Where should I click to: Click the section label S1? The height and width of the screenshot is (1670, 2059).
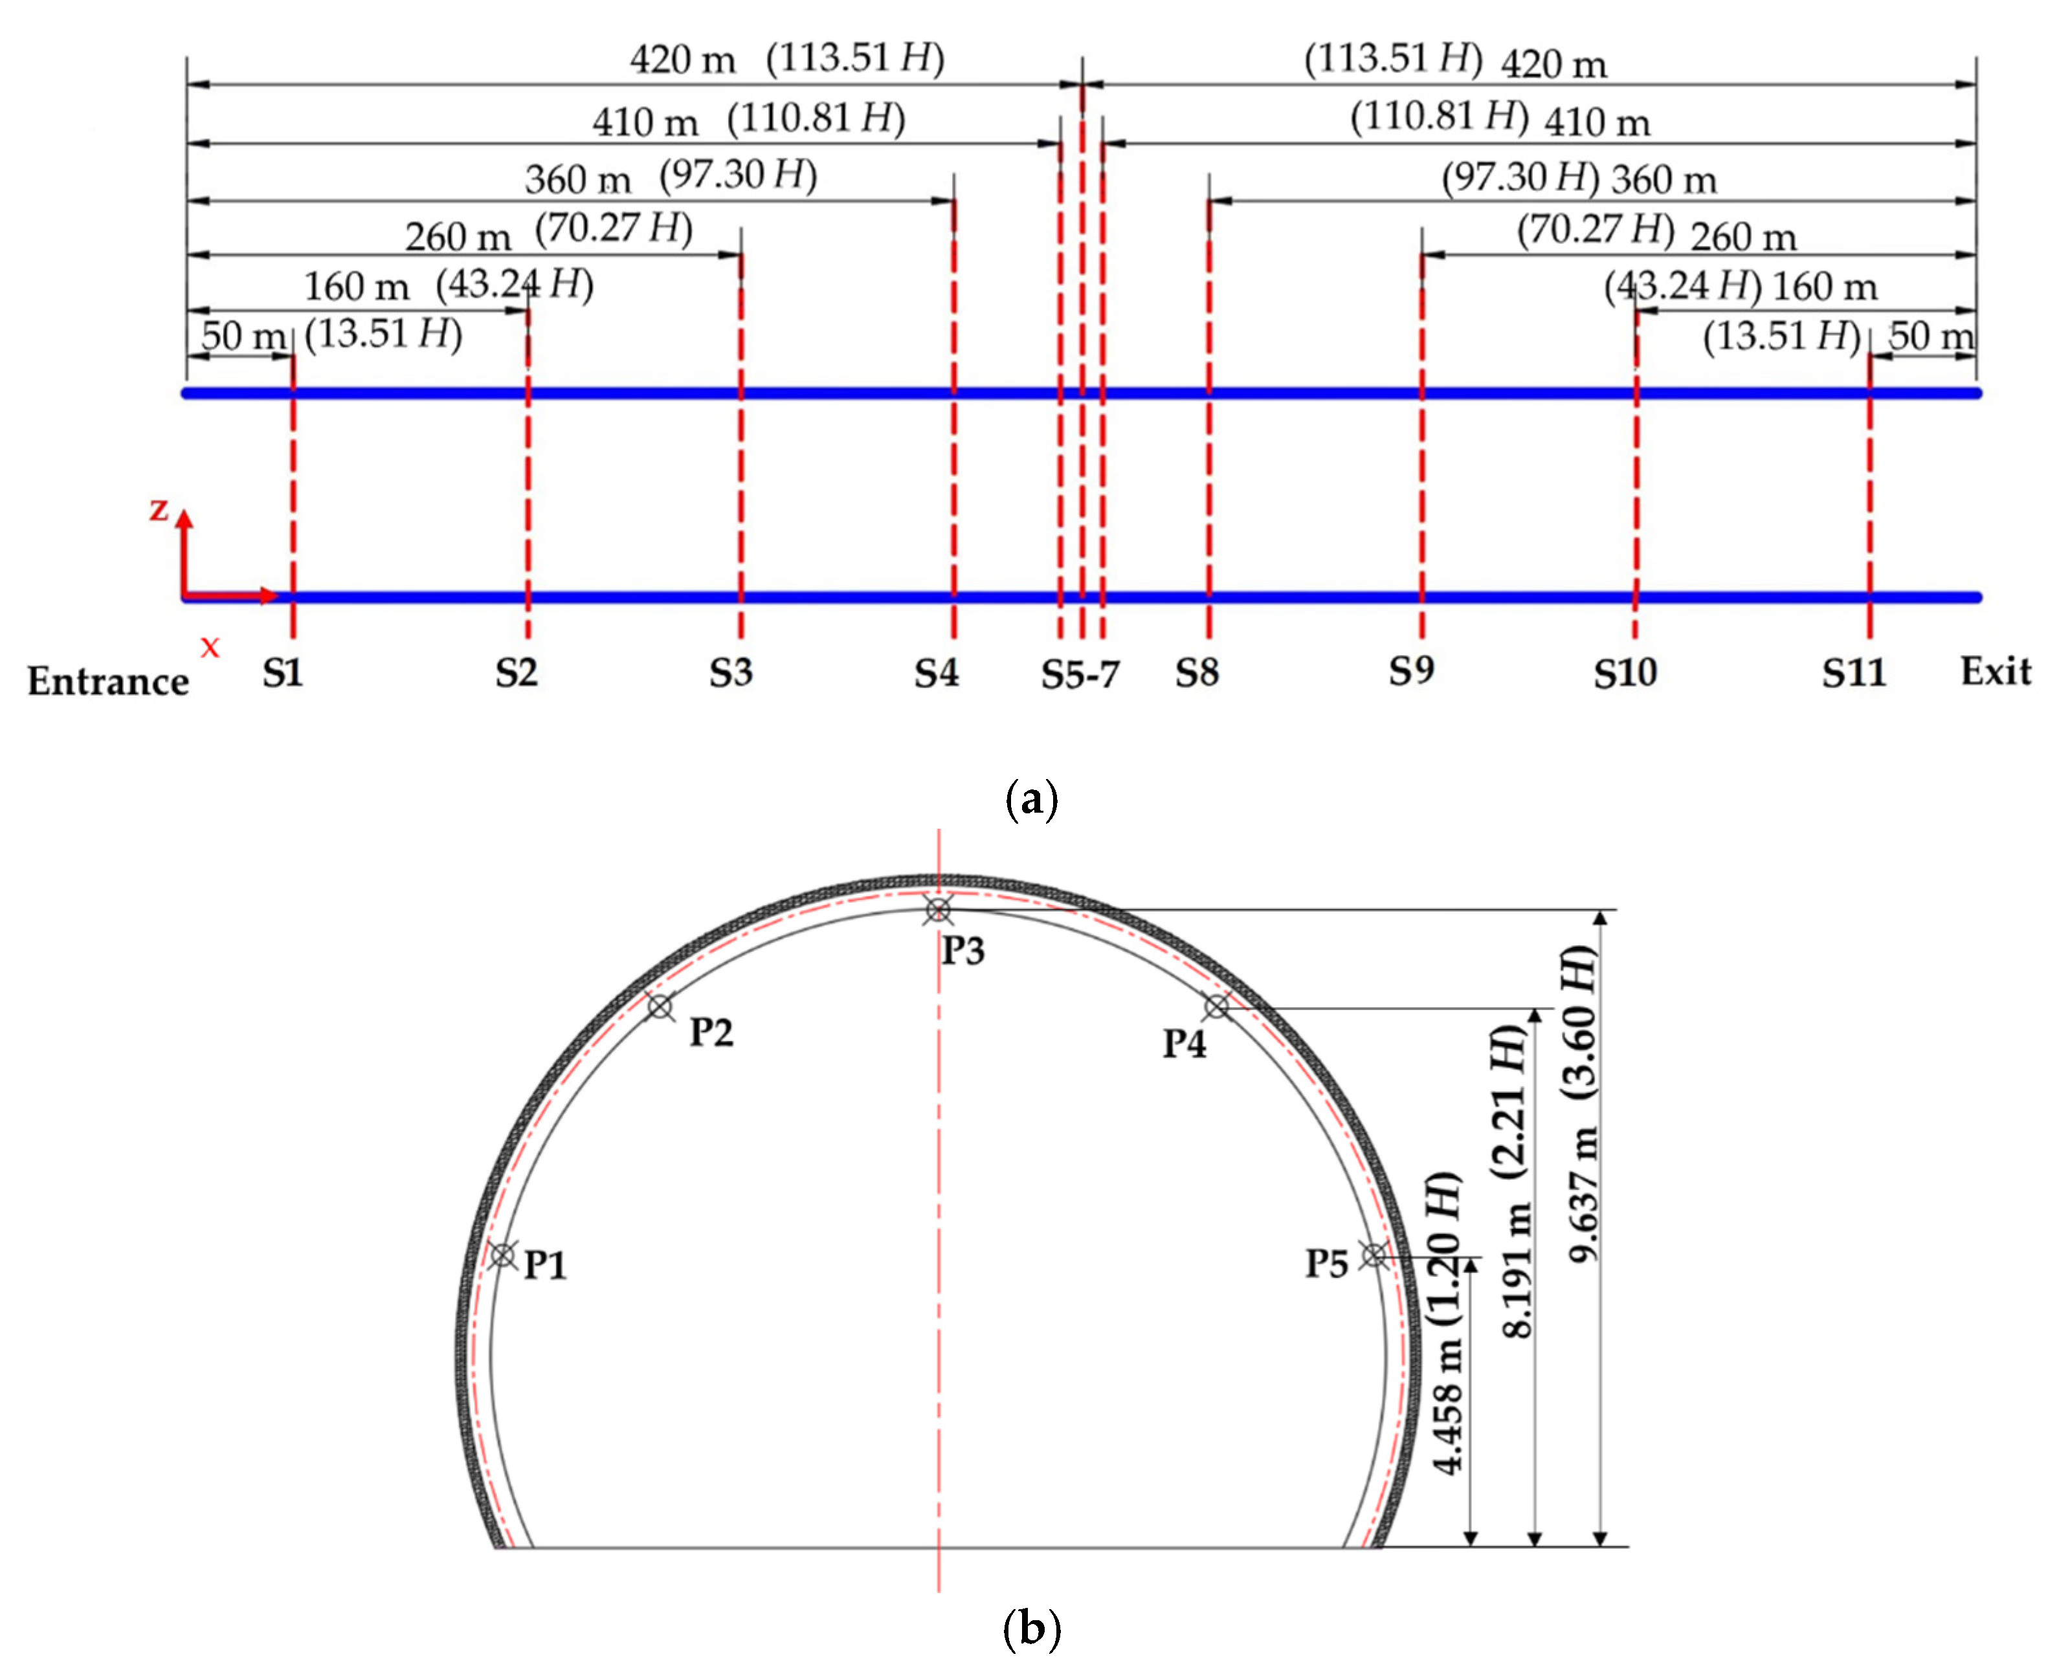(x=283, y=672)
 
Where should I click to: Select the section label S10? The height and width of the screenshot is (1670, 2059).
(x=1625, y=672)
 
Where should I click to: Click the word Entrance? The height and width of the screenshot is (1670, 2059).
(x=107, y=681)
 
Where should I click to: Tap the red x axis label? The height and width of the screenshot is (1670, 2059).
(x=210, y=648)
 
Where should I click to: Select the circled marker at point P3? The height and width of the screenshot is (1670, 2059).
(x=938, y=909)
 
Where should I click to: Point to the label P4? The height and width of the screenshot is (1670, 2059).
(x=1183, y=1043)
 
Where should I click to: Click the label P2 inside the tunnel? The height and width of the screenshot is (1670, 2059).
(x=711, y=1032)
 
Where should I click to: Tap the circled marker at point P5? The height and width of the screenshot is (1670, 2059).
(x=1374, y=1255)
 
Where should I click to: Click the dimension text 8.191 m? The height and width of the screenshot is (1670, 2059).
(x=1517, y=1271)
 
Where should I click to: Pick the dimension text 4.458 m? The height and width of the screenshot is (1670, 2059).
(x=1448, y=1409)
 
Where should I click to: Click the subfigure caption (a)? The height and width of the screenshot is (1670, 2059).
(x=1030, y=798)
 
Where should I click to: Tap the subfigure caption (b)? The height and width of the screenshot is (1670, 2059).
(x=1030, y=1629)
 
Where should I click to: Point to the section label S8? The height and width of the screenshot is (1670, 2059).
(x=1197, y=672)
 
